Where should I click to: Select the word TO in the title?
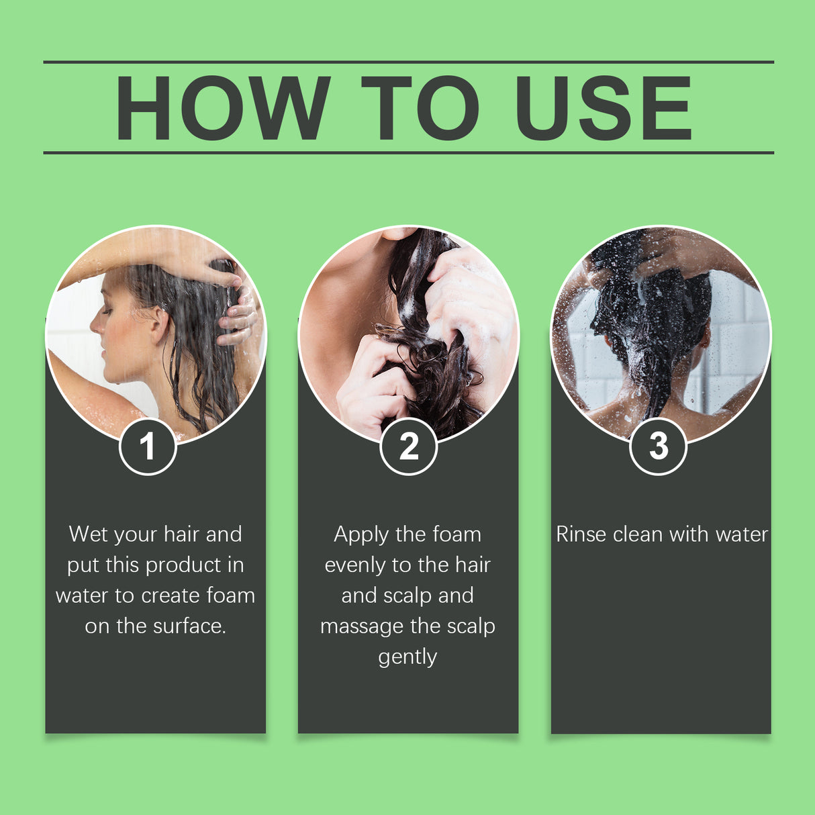(x=420, y=108)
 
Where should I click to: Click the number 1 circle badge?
(x=148, y=446)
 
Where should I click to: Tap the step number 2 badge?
(x=408, y=446)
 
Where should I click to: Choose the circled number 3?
(x=659, y=446)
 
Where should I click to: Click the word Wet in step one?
(x=88, y=534)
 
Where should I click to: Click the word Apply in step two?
(x=361, y=535)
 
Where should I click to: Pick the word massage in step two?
(x=362, y=627)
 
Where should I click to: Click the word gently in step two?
(x=407, y=657)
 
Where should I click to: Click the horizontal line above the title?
(x=408, y=62)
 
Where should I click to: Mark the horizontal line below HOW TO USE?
(x=408, y=153)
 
